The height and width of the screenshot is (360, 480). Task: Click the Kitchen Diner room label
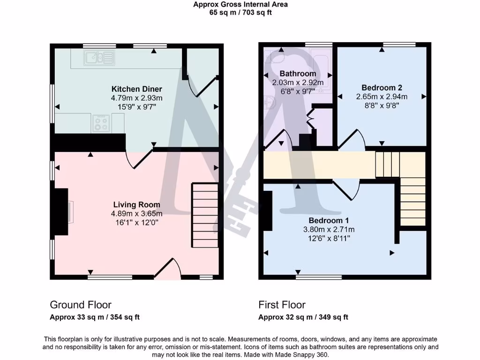(x=136, y=89)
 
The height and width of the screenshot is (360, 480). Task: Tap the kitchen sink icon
(x=99, y=58)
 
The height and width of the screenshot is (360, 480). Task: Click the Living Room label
(x=136, y=204)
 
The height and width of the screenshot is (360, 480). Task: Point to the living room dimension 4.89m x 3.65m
(x=136, y=213)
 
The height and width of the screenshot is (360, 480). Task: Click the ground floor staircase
(x=205, y=215)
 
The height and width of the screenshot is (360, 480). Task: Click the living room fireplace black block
(x=60, y=211)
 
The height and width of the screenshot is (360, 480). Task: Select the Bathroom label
(x=298, y=74)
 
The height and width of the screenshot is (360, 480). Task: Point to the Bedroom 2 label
(x=382, y=88)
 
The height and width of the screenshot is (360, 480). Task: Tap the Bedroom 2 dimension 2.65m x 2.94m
(x=382, y=97)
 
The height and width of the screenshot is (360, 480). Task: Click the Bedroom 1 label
(x=328, y=220)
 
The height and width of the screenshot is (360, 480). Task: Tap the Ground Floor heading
(x=81, y=305)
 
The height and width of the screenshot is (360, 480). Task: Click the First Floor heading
(x=282, y=305)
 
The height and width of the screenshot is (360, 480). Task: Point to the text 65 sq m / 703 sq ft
(x=240, y=13)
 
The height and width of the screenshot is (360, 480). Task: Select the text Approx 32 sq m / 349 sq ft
(x=303, y=317)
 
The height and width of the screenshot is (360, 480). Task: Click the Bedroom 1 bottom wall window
(x=319, y=277)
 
